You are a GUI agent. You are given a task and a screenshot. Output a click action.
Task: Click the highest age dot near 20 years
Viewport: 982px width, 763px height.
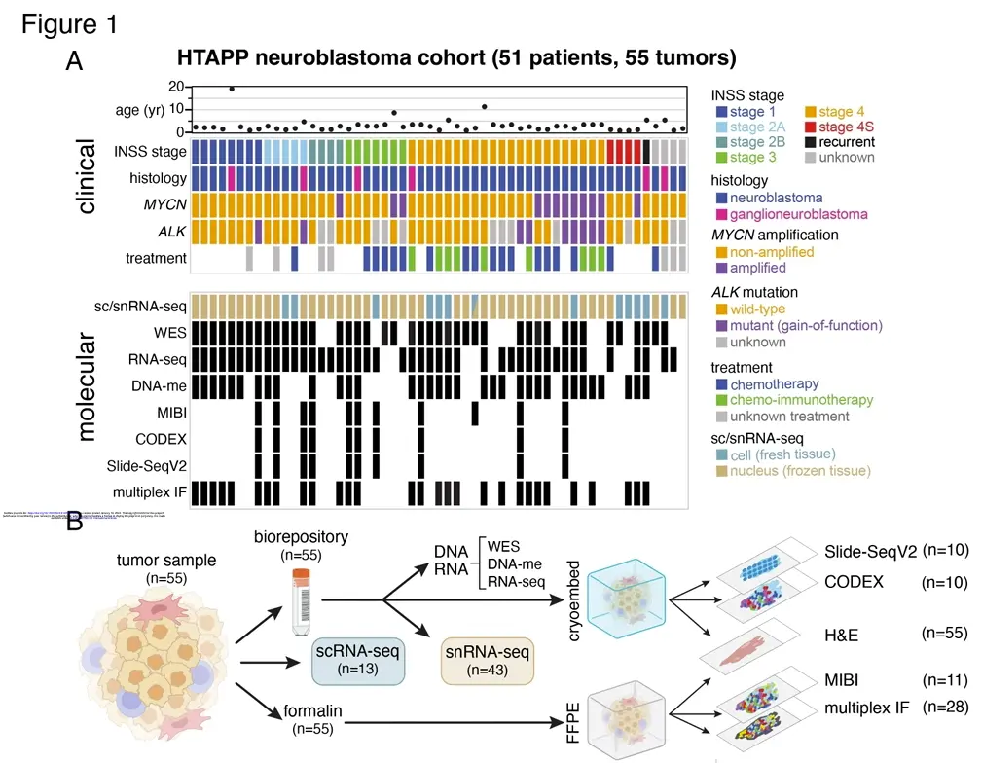232,89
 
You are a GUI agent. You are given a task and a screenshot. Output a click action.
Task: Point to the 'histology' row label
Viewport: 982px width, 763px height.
158,178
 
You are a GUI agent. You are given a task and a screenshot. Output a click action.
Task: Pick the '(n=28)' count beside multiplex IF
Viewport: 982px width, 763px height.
945,707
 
